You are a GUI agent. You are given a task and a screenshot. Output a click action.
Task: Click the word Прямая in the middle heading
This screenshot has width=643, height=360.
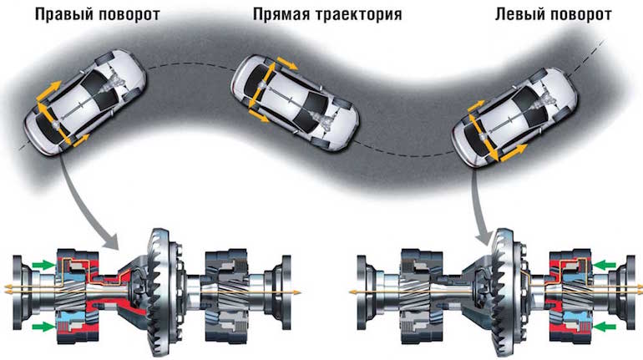[x=279, y=15]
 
